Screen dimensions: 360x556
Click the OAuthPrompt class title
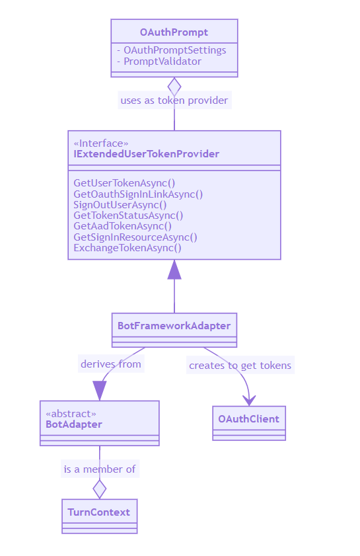coord(174,32)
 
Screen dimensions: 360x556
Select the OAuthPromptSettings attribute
coord(174,50)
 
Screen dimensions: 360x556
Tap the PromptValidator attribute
coord(162,61)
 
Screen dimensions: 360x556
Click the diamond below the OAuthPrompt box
coord(174,87)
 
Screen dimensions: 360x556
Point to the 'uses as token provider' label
coord(174,100)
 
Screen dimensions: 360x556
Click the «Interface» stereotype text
coord(101,143)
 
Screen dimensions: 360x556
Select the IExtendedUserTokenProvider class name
coord(147,154)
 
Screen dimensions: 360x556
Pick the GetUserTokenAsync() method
coord(124,183)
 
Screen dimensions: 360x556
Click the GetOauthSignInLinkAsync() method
coord(138,194)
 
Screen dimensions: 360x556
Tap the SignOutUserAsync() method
coord(120,205)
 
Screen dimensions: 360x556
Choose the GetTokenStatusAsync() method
coord(128,216)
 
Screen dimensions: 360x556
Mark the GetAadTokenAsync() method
coord(123,226)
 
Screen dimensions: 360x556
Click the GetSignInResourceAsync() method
coord(135,237)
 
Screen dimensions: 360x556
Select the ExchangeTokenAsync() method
coord(127,248)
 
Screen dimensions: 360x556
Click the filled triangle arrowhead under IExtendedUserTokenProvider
coord(174,270)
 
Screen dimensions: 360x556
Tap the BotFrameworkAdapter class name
coord(174,326)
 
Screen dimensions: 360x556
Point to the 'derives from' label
coord(111,364)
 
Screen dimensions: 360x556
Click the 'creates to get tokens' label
coord(240,365)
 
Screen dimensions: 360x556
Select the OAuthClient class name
coord(249,419)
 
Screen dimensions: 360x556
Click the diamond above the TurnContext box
coord(100,489)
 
